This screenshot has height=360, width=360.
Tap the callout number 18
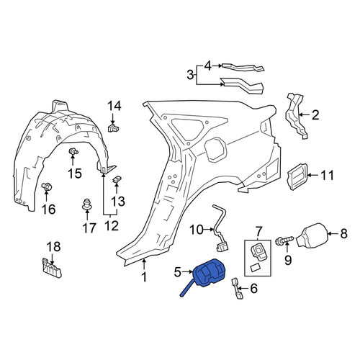pyautogui.click(x=53, y=247)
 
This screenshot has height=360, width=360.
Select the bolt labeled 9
pyautogui.click(x=284, y=240)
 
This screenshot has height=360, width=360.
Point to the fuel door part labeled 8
pyautogui.click(x=311, y=235)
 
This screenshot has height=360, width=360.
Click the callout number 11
pyautogui.click(x=328, y=176)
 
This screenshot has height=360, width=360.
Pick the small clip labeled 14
pyautogui.click(x=114, y=128)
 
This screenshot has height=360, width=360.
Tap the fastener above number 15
pyautogui.click(x=73, y=152)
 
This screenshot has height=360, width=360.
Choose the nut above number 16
pyautogui.click(x=46, y=186)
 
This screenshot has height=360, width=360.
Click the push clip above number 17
pyautogui.click(x=86, y=204)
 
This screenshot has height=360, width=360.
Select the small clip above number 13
pyautogui.click(x=117, y=179)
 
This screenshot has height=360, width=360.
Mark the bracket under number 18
pyautogui.click(x=52, y=268)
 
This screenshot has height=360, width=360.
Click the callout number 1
pyautogui.click(x=144, y=277)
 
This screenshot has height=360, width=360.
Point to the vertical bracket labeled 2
pyautogui.click(x=297, y=115)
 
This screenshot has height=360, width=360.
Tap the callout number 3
pyautogui.click(x=190, y=75)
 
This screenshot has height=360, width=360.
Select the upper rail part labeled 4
pyautogui.click(x=243, y=67)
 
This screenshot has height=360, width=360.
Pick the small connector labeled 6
pyautogui.click(x=237, y=288)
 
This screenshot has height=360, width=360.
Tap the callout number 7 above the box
pyautogui.click(x=258, y=231)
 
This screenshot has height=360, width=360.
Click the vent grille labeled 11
pyautogui.click(x=297, y=176)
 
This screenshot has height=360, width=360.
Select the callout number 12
pyautogui.click(x=112, y=226)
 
